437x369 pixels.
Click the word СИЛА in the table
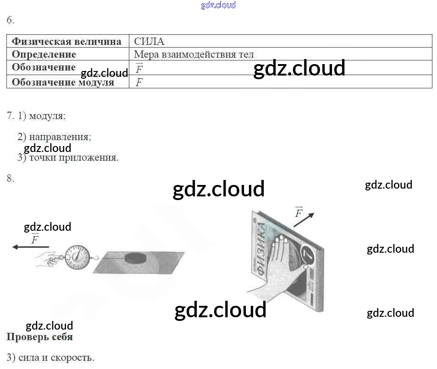pos(149,42)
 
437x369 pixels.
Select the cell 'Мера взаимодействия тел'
pos(194,54)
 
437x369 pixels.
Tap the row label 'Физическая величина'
pos(66,42)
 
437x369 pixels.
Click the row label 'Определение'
pos(44,54)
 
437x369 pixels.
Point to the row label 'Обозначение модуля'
pos(63,82)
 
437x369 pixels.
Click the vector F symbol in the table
pos(139,69)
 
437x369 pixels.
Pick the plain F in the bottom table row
pos(139,82)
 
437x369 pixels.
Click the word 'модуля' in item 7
pos(47,116)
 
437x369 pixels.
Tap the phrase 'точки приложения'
pos(73,158)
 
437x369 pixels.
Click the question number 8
pos(10,179)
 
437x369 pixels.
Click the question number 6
pos(10,20)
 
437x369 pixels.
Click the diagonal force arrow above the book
pos(304,220)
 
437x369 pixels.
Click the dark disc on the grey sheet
pos(138,256)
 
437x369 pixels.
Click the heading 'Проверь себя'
pos(39,337)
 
